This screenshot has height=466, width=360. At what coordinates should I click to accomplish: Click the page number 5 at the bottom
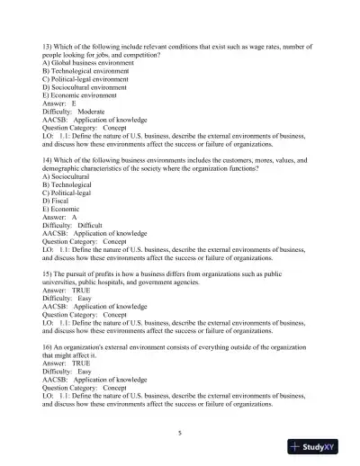180,433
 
